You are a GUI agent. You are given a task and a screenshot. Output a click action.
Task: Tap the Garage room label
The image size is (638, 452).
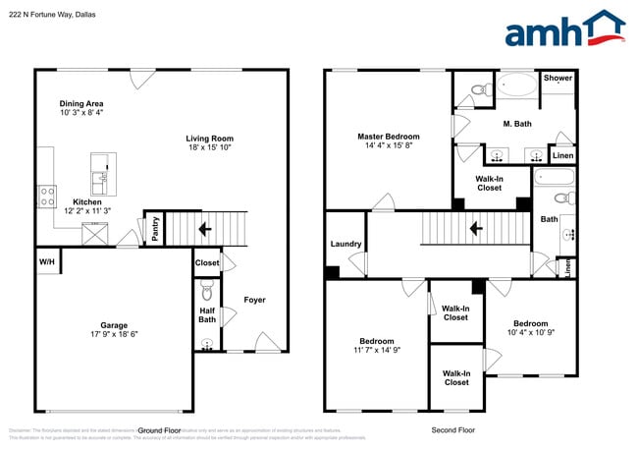pyautogui.click(x=114, y=324)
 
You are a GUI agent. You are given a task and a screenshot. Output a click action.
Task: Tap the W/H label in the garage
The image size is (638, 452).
pyautogui.click(x=47, y=262)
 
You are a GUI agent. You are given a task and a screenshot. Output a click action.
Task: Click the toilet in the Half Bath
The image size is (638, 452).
pyautogui.click(x=206, y=292)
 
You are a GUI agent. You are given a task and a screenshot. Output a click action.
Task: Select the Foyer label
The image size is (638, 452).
pyautogui.click(x=254, y=300)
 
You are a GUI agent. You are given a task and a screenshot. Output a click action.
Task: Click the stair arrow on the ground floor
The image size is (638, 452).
pyautogui.click(x=205, y=230)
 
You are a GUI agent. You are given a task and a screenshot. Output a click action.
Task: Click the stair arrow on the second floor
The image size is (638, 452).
pyautogui.click(x=475, y=230)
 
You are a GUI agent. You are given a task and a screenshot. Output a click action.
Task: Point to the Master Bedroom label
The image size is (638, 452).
pyautogui.click(x=389, y=137)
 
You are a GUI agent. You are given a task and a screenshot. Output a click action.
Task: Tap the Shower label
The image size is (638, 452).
pyautogui.click(x=558, y=78)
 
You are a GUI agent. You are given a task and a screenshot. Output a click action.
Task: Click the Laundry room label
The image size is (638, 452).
pyautogui.click(x=346, y=244)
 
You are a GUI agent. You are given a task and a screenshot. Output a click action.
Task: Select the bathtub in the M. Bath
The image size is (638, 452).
pyautogui.click(x=513, y=85)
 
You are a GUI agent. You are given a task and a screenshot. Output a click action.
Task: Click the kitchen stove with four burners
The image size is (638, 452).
pyautogui.click(x=46, y=196)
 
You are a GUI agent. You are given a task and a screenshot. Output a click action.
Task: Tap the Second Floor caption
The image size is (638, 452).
pyautogui.click(x=453, y=430)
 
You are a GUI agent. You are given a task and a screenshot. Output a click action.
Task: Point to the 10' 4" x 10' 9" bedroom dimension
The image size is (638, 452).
pyautogui.click(x=531, y=334)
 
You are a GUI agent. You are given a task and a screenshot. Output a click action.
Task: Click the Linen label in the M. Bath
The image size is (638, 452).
pyautogui.click(x=562, y=156)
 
